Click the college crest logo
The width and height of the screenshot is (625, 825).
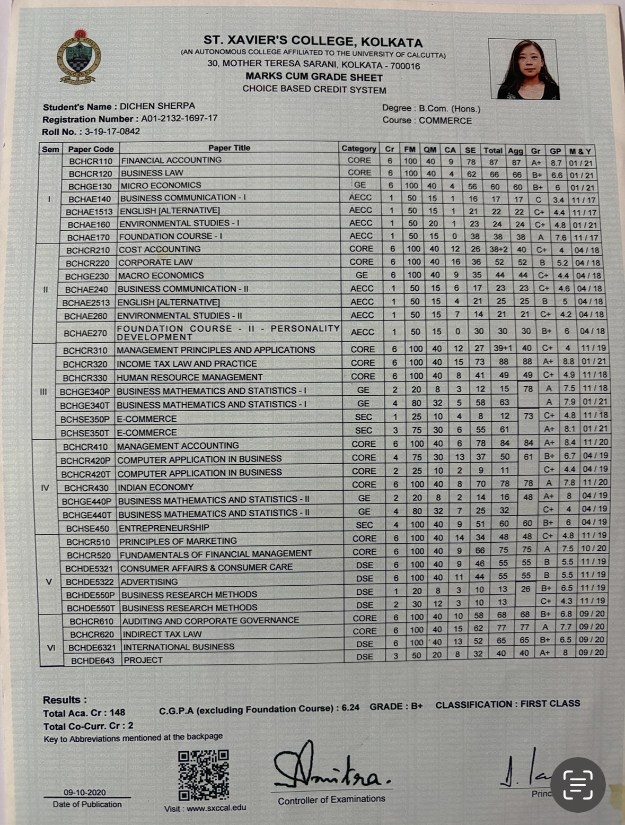click(x=78, y=57)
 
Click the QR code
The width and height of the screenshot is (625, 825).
click(x=204, y=775)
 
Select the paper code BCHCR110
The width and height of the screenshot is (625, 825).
click(x=91, y=161)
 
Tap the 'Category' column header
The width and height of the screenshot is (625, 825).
click(x=358, y=149)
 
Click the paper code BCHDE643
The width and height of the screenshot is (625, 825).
click(x=93, y=661)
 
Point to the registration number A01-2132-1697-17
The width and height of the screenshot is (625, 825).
click(x=179, y=118)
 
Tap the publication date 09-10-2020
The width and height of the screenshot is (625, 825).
click(x=85, y=792)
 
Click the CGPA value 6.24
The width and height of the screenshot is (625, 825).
click(x=350, y=707)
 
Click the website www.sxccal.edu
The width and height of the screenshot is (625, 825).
click(x=216, y=808)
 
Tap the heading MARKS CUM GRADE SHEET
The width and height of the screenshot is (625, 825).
click(x=314, y=77)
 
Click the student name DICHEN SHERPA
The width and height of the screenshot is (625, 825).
click(x=157, y=106)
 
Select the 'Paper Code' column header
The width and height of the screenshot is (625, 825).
click(x=91, y=149)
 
